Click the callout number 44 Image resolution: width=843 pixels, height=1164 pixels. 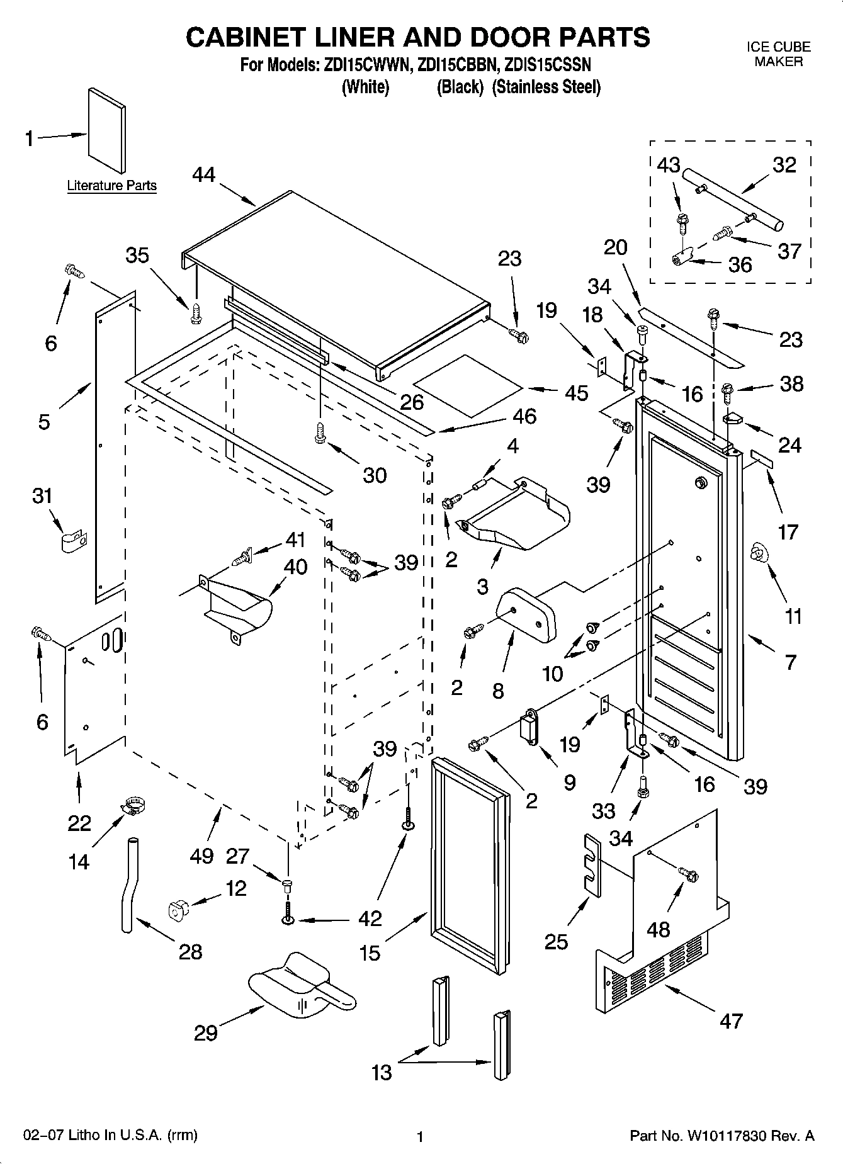205,174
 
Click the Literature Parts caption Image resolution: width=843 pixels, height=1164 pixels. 111,186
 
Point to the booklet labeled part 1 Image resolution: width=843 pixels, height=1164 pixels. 106,130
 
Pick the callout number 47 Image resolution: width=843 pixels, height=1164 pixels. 731,1020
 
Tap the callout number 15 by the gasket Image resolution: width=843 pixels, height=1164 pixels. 370,954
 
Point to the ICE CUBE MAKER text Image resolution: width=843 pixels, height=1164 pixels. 778,54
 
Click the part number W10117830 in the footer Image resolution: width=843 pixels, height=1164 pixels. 728,1136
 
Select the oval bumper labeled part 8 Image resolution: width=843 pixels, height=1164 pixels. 528,614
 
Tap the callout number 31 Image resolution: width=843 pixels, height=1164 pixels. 42,496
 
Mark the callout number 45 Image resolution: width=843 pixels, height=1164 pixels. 576,393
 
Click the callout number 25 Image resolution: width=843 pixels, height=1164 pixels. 557,941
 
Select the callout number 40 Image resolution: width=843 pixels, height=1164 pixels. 295,567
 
